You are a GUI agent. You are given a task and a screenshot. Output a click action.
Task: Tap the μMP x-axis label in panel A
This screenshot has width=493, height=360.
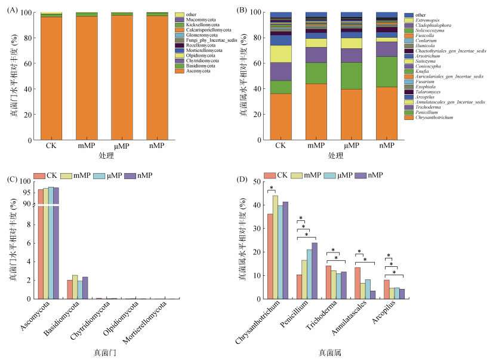click(122, 147)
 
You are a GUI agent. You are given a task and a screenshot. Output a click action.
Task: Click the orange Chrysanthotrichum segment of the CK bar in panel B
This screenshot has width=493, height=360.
click(281, 116)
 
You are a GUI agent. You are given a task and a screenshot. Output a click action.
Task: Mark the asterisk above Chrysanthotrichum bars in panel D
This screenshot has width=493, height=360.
click(272, 189)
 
